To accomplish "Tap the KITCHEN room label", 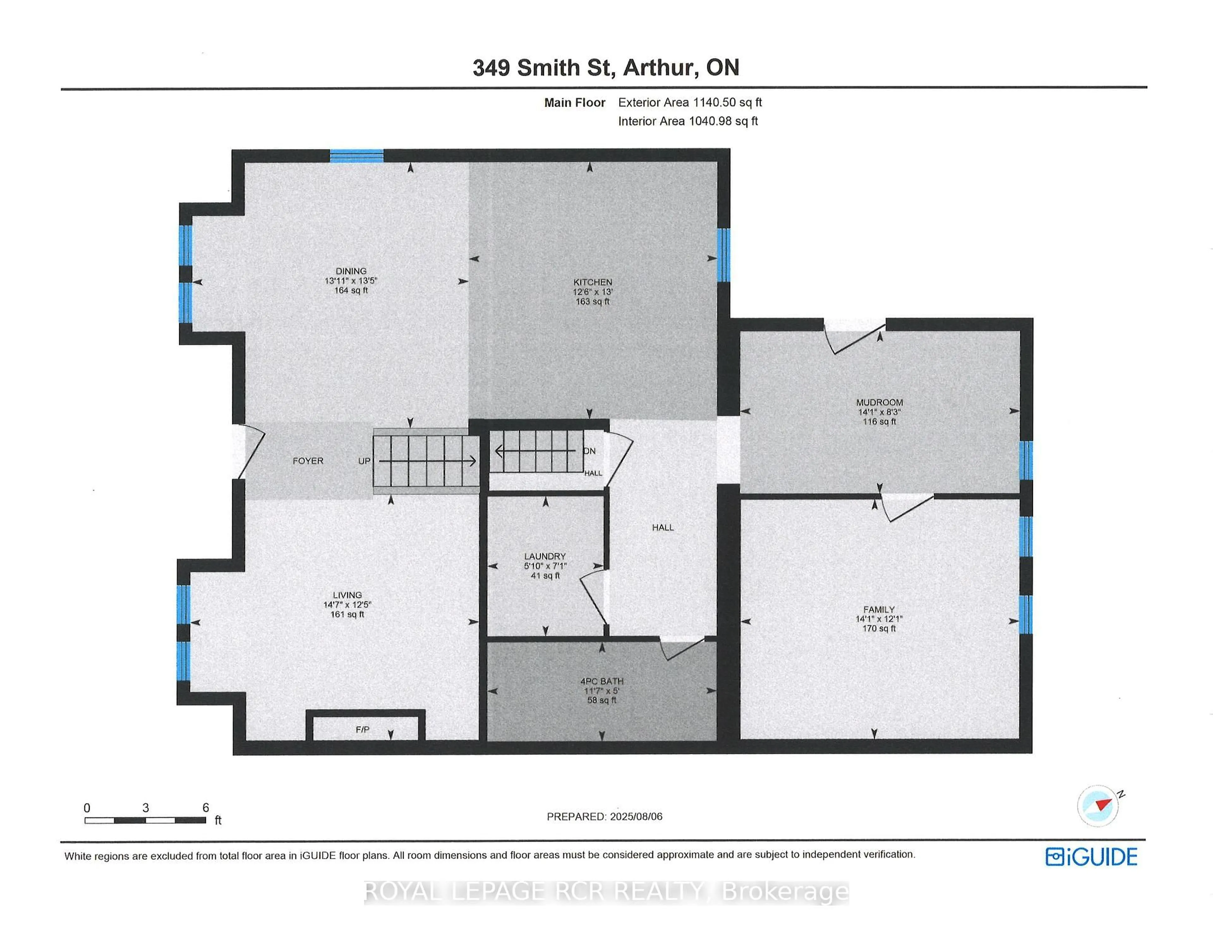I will (593, 282).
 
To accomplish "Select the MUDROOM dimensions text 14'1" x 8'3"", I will (879, 412).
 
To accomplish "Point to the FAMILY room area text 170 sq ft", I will (879, 628).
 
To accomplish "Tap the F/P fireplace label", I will (362, 729).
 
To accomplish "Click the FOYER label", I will (308, 461).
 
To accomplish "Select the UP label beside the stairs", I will (364, 461).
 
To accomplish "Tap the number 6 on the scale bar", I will (206, 808).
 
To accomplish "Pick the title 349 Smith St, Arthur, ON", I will (605, 67).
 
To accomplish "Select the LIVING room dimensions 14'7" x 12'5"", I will (347, 605).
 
